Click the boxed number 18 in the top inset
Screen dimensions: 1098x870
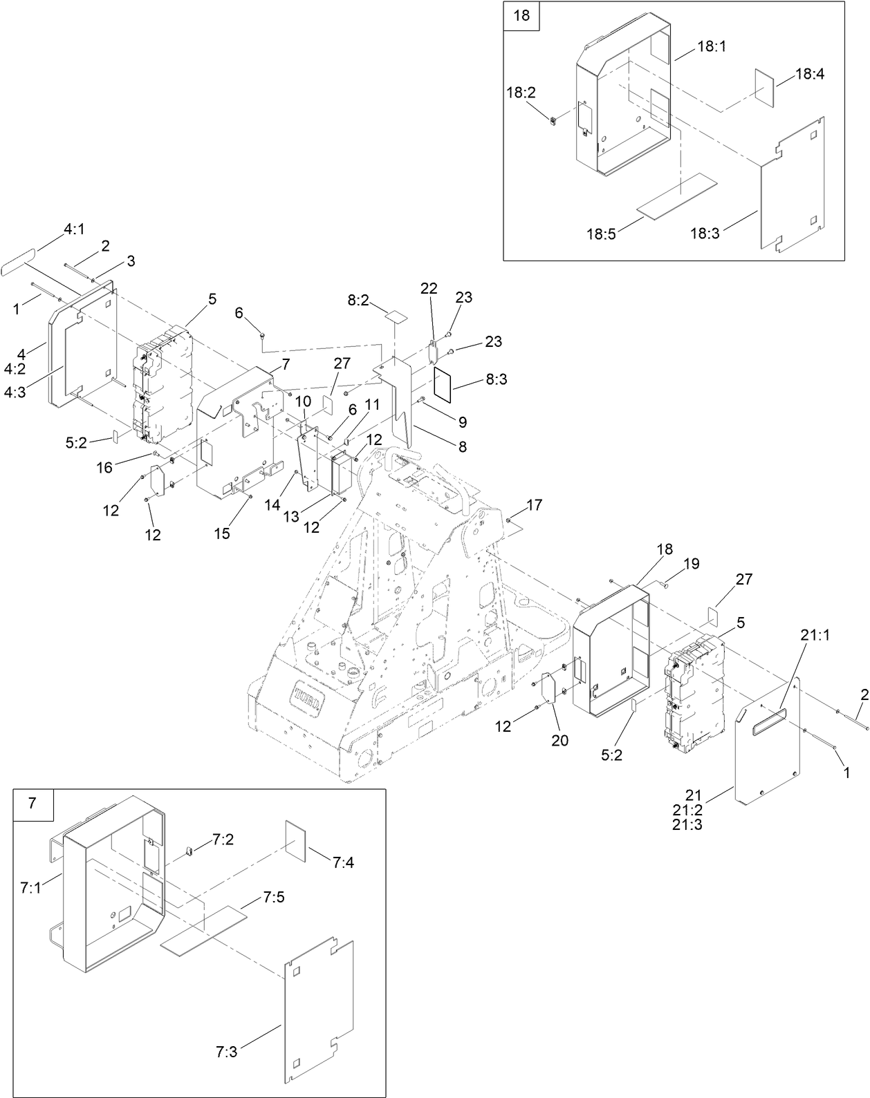coord(521,15)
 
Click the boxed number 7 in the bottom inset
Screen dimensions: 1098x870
coord(33,803)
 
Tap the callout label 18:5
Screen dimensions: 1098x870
coord(601,234)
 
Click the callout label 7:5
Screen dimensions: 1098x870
coord(274,898)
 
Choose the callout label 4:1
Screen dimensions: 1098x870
coord(74,229)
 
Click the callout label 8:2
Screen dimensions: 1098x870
coord(358,301)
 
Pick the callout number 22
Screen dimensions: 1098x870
coord(429,289)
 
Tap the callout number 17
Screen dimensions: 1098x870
coord(534,506)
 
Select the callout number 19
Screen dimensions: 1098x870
coord(691,564)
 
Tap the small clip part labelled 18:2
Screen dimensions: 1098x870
coord(554,122)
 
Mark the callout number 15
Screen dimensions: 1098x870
coord(221,533)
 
